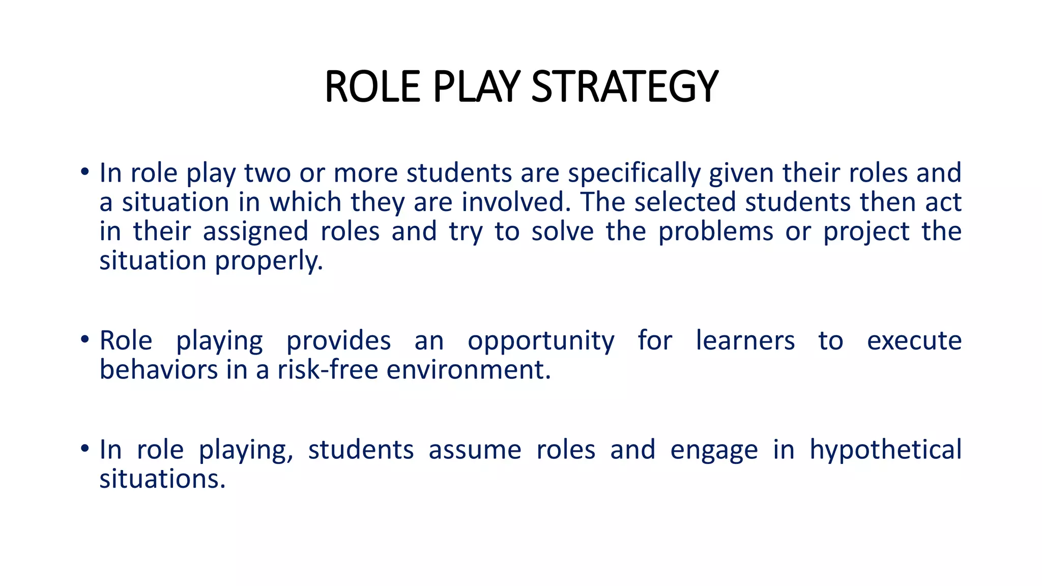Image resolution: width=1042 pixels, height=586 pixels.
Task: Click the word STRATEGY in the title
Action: [624, 86]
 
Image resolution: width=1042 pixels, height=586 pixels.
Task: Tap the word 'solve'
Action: [563, 231]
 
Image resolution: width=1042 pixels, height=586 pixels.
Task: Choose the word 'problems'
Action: [715, 231]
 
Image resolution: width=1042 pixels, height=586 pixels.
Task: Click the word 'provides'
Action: [338, 340]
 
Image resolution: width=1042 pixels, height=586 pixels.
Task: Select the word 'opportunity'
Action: [541, 341]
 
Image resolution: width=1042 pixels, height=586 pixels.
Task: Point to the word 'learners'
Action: [745, 340]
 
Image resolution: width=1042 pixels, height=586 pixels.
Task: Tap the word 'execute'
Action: [914, 340]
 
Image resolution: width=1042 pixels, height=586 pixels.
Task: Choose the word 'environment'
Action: [468, 370]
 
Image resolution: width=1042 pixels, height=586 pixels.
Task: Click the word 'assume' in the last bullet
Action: [475, 450]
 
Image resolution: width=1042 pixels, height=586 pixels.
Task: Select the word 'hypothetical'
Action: [885, 450]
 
